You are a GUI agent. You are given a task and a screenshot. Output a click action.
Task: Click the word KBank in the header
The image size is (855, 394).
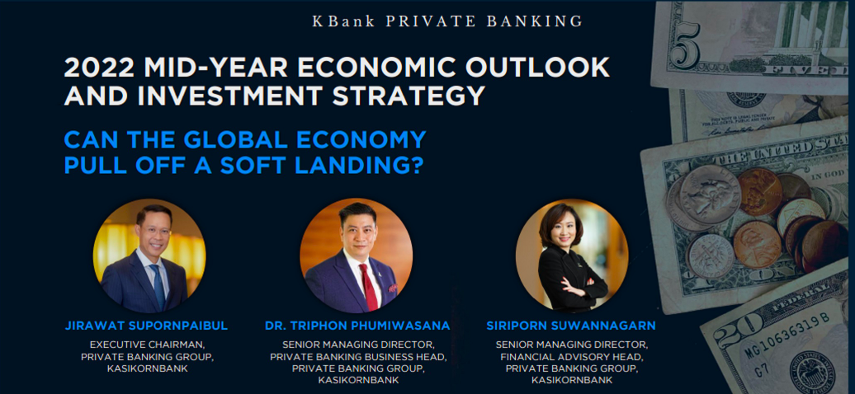(343, 21)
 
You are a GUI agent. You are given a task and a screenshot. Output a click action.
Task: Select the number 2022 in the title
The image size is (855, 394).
(99, 68)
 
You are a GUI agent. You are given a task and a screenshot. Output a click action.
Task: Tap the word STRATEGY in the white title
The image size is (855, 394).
(409, 95)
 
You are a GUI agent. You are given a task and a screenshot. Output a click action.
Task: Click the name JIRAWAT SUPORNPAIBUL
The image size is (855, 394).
(146, 326)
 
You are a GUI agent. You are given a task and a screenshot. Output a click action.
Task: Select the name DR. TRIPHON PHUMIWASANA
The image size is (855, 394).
(357, 326)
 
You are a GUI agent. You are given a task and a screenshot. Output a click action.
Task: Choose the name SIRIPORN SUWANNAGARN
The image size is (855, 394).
(571, 326)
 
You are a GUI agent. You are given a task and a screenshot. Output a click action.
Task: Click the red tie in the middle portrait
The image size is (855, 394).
(369, 287)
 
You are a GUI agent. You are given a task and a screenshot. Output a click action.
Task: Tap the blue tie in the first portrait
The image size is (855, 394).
(159, 285)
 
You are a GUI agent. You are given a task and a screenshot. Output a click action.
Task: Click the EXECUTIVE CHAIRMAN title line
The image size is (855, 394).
(146, 345)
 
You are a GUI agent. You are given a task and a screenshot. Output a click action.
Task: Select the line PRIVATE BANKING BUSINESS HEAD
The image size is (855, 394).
(357, 357)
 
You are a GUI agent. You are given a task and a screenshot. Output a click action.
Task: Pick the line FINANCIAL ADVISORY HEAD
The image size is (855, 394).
(571, 357)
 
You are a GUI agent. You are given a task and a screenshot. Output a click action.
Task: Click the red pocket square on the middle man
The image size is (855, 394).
(392, 287)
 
